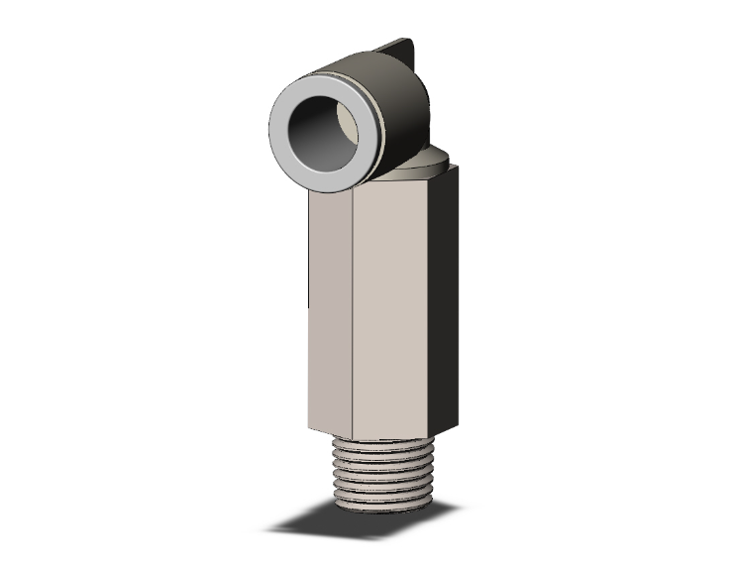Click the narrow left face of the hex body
pos(330,307)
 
